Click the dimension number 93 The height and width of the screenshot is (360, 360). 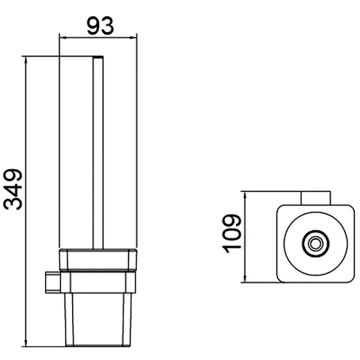pyautogui.click(x=100, y=26)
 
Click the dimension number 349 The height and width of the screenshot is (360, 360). pyautogui.click(x=13, y=190)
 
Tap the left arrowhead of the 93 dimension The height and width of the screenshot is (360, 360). pyautogui.click(x=63, y=38)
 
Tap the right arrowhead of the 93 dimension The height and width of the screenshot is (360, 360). pyautogui.click(x=133, y=38)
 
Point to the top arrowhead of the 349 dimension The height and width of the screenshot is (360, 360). pyautogui.click(x=26, y=60)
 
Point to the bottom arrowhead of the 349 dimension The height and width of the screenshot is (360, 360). pyautogui.click(x=26, y=343)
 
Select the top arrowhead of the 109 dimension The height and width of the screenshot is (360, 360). pyautogui.click(x=245, y=196)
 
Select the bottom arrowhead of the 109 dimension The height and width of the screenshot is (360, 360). pyautogui.click(x=245, y=278)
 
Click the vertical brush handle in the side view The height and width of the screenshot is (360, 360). pyautogui.click(x=98, y=153)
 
